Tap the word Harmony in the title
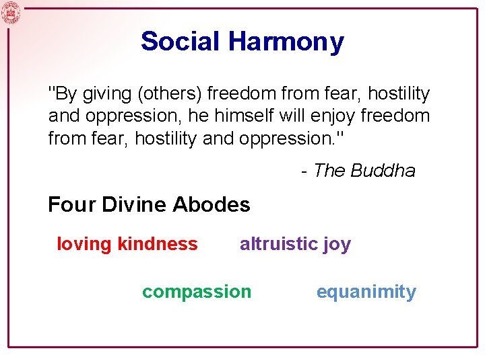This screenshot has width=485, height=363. pos(286,42)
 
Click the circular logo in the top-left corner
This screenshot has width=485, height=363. pos(11,12)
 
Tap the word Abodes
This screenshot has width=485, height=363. pos(212,204)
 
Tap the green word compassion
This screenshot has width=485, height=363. pos(196,292)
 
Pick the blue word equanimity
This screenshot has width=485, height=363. pos(366,292)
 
